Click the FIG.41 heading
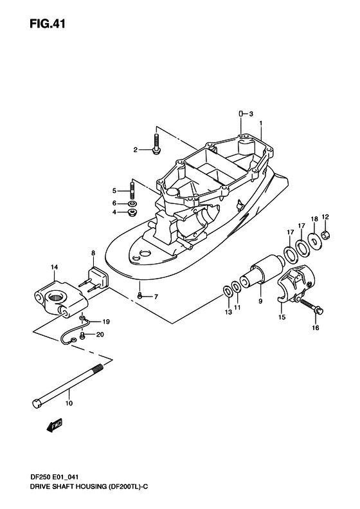click(48, 24)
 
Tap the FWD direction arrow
click(54, 425)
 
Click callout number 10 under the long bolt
click(69, 403)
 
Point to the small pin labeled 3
click(241, 114)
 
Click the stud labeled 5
click(132, 191)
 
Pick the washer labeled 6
click(132, 204)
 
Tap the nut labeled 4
click(132, 213)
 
